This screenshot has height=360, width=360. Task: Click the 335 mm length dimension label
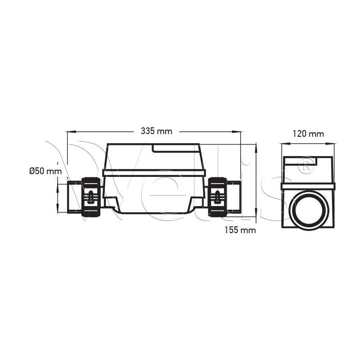coord(156,131)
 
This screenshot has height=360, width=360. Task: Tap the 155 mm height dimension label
coord(240,230)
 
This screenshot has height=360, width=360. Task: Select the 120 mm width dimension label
coord(308,134)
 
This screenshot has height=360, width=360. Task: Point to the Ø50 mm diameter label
coord(46,171)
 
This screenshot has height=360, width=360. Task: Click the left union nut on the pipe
coord(91,197)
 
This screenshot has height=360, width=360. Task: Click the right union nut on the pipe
coord(217,197)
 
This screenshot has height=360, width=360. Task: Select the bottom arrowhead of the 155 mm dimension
coord(256,211)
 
